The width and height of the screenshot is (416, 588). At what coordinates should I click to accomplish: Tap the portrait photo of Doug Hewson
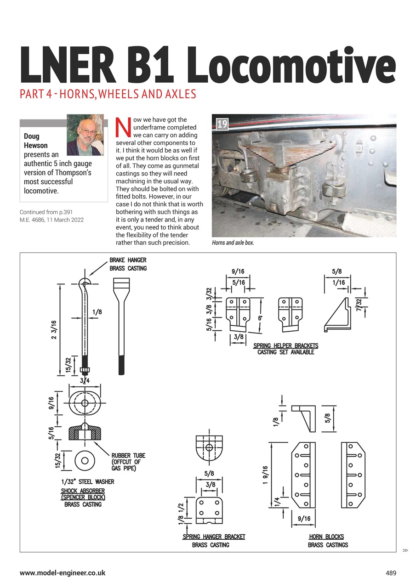[85, 135]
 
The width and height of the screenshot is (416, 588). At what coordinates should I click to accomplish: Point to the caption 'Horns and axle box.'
[233, 243]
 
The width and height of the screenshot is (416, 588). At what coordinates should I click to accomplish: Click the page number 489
[390, 573]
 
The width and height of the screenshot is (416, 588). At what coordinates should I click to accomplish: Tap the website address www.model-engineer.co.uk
[63, 573]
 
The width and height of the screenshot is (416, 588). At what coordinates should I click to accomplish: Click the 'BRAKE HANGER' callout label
[128, 260]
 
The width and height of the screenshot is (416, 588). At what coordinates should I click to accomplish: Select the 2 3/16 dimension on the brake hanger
[54, 330]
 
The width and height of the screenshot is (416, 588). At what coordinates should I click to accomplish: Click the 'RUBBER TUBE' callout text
[128, 456]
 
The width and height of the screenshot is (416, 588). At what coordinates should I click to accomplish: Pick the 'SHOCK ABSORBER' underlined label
[83, 491]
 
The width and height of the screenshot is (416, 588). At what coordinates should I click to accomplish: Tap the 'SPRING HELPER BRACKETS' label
[285, 345]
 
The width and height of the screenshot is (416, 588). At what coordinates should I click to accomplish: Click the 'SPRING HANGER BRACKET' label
[214, 537]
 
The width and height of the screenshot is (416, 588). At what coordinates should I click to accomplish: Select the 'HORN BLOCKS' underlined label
[326, 537]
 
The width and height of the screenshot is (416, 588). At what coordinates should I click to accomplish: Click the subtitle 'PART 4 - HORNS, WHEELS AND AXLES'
[108, 95]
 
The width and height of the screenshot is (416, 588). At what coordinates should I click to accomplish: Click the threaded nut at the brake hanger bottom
[85, 370]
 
